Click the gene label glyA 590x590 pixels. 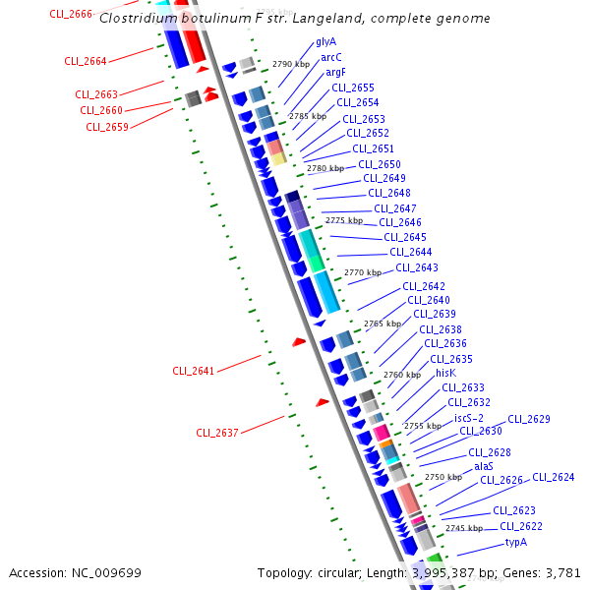coord(325,42)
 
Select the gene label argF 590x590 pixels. coord(335,72)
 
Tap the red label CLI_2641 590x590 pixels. coord(193,371)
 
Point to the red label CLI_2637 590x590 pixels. coord(216,433)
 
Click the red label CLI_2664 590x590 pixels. coord(86,61)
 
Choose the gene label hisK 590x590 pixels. coord(446,373)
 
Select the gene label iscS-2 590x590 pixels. coord(469,418)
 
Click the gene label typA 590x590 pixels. coord(516,542)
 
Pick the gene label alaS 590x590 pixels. coord(484,466)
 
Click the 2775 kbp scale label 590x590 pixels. coord(343,220)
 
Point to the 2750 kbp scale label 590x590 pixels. coord(443,477)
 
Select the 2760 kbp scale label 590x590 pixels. coord(401,375)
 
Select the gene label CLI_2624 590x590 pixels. coord(553,478)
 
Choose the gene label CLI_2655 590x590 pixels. coord(352,88)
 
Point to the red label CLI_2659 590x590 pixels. coord(106,127)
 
